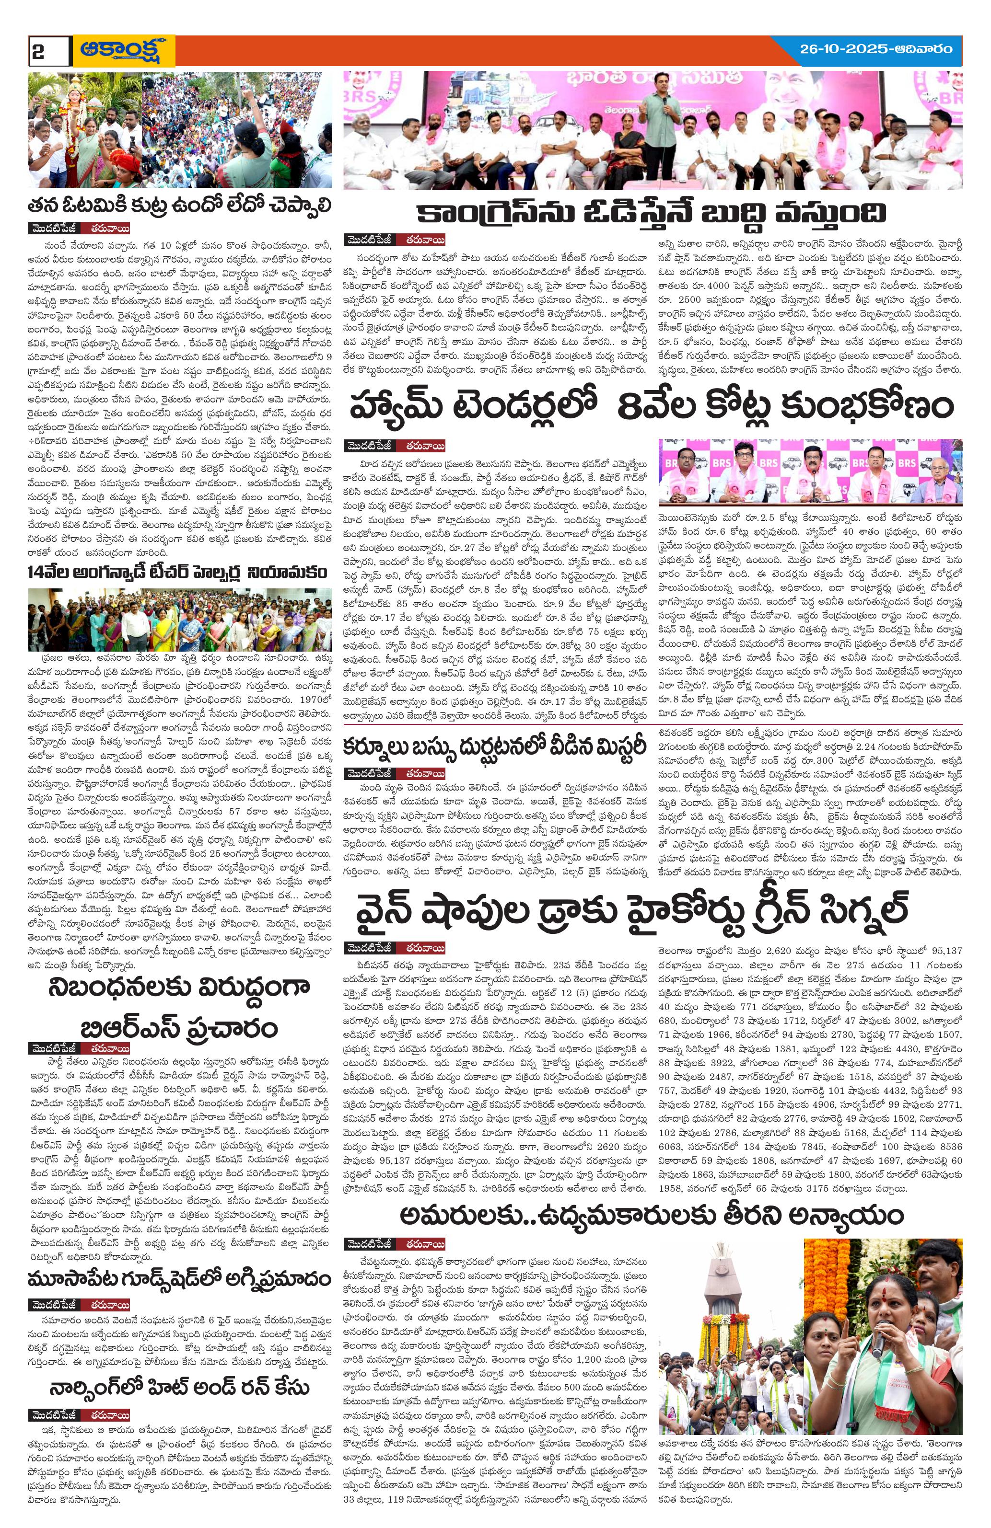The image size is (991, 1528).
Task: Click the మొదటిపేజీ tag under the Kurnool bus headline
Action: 369,772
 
